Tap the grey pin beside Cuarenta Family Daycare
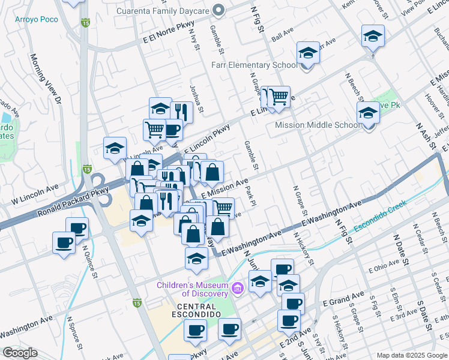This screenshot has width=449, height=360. [x=219, y=10]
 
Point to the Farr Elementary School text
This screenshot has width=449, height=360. [x=254, y=65]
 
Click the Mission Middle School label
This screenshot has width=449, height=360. [x=317, y=125]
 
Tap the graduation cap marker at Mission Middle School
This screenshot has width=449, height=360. [x=368, y=112]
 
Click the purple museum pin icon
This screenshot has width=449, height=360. [x=238, y=289]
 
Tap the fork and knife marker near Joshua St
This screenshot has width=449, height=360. [x=181, y=112]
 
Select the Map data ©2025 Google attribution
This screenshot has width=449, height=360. [x=412, y=355]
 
